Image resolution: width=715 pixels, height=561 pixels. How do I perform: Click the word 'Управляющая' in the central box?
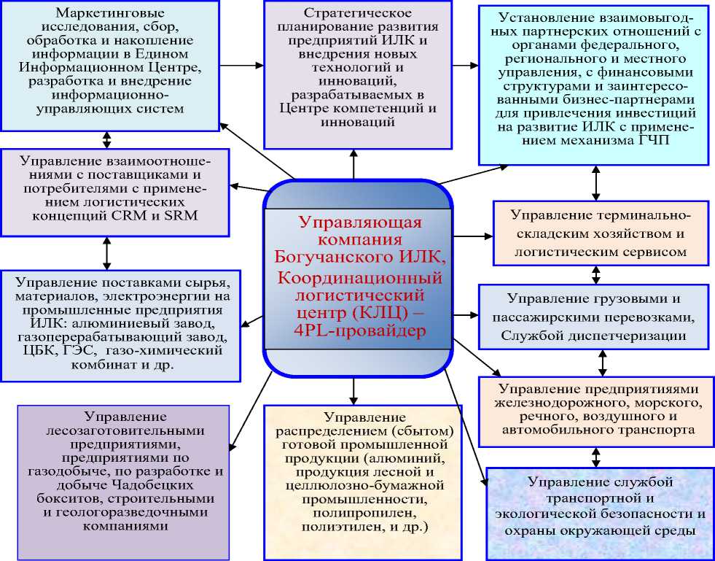pos(353,223)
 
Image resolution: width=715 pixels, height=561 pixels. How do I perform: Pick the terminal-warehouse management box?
pos(599,233)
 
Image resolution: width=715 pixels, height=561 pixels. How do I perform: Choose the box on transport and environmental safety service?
pos(599,506)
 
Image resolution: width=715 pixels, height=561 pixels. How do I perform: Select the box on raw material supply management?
pos(121,324)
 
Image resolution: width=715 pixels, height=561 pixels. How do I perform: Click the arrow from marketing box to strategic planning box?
pos(241,65)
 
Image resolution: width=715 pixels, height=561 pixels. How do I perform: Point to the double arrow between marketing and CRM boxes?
pos(108,139)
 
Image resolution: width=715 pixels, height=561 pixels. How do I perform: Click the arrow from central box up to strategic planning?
pos(354,163)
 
